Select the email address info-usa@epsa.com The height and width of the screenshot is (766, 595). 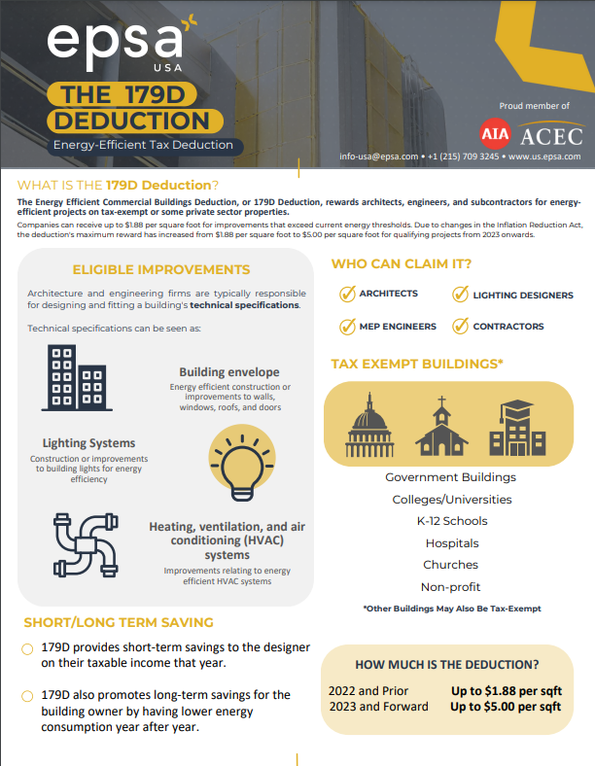click(378, 156)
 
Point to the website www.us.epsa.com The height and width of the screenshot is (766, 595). click(543, 156)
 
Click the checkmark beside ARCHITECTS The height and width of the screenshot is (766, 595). click(346, 294)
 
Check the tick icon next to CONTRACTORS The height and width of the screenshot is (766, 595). click(460, 327)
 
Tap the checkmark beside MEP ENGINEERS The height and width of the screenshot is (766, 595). click(346, 327)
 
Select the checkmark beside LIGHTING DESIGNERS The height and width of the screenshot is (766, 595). click(460, 294)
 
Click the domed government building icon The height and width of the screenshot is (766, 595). click(369, 428)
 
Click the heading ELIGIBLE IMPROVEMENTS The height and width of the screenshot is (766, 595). click(160, 269)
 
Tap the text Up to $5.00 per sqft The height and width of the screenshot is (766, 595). click(506, 707)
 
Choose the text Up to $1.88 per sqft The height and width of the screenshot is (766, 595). click(506, 690)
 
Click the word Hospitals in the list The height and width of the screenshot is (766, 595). click(450, 543)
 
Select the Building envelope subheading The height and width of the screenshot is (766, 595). click(229, 372)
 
